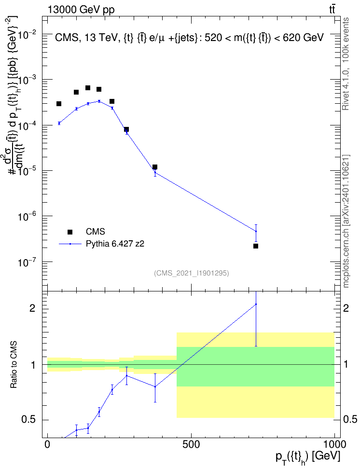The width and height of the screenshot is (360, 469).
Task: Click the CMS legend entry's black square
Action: click(70, 232)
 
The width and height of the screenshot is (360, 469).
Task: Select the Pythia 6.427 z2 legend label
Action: click(115, 244)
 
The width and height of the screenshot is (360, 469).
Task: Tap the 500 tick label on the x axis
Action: click(191, 444)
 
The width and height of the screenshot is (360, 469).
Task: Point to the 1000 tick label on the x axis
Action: click(334, 444)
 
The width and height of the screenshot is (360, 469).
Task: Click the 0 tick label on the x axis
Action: click(47, 444)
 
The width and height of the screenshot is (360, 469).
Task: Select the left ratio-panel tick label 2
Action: click(32, 308)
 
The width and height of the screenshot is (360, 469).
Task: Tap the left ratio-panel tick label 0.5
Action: click(29, 420)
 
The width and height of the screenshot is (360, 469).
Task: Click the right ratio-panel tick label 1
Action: click(346, 365)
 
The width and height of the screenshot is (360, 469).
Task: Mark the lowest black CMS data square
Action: click(256, 246)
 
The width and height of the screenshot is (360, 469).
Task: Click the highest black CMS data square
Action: click(88, 88)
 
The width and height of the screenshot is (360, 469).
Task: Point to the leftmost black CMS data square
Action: click(59, 104)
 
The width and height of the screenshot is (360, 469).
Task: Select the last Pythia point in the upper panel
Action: click(256, 231)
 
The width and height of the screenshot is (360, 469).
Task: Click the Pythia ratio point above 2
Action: click(256, 304)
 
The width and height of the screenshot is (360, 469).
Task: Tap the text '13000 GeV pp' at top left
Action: click(81, 10)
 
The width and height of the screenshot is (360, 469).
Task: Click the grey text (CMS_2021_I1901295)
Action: click(192, 273)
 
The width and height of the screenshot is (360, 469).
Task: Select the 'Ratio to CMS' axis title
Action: click(14, 364)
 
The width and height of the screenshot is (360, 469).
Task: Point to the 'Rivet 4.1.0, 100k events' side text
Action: click(346, 64)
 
